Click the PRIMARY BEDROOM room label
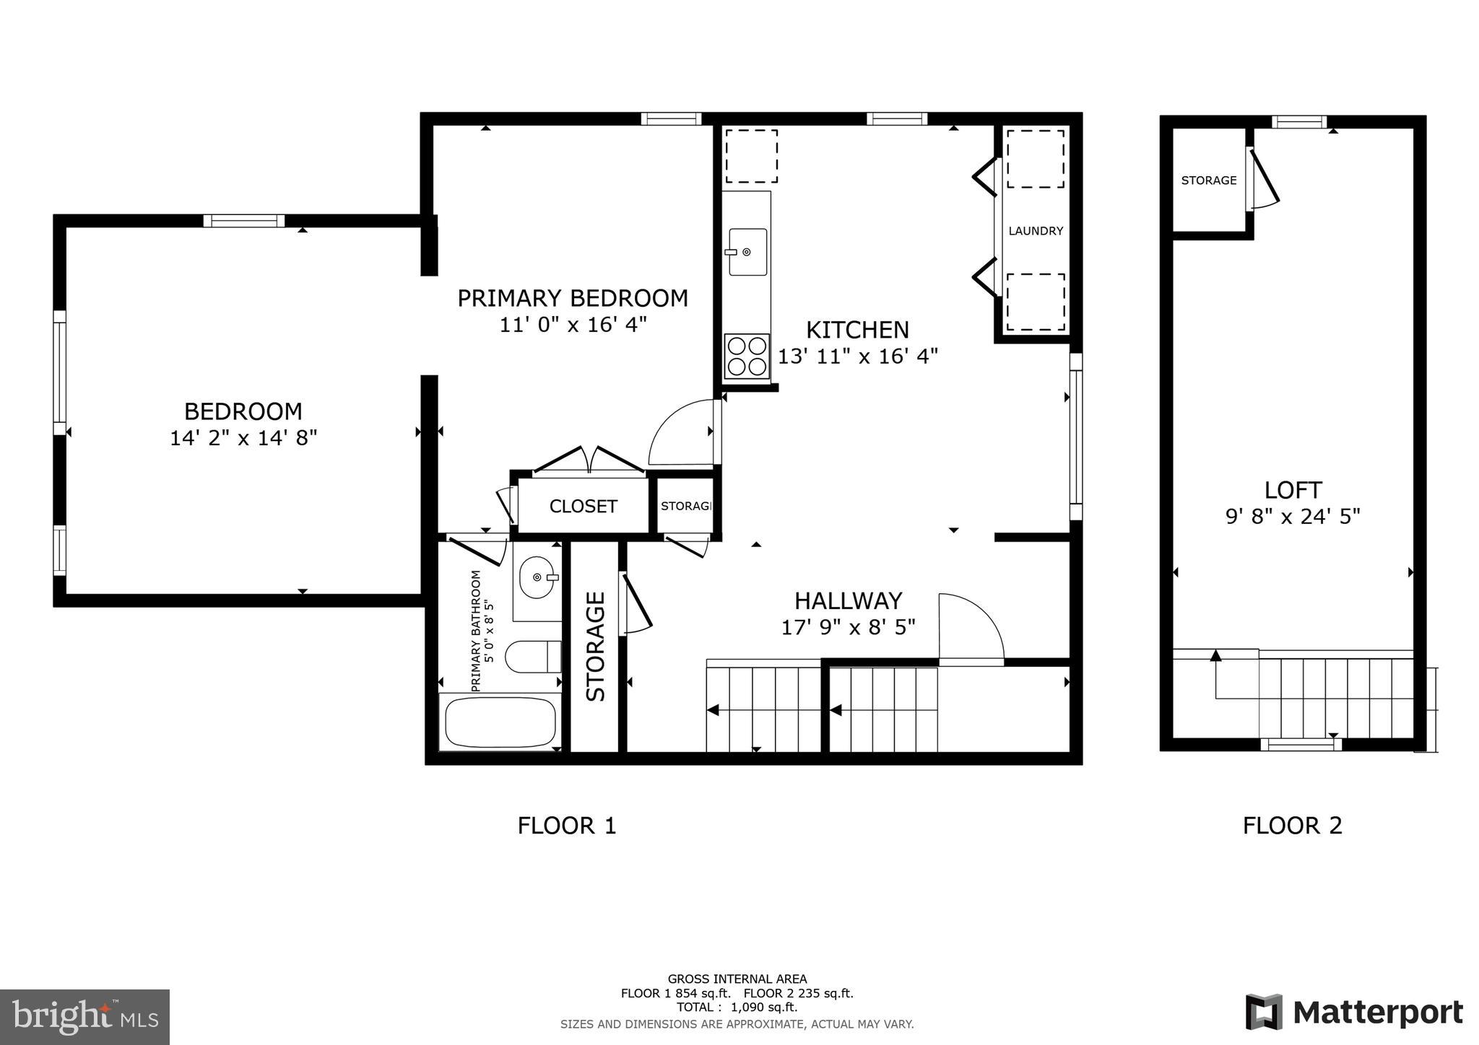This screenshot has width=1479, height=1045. point(572,298)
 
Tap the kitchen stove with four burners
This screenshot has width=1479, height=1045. point(747,357)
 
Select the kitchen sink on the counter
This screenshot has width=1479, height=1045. point(747,252)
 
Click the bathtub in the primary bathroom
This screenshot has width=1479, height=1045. point(500,722)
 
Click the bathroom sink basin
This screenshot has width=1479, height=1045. point(537,577)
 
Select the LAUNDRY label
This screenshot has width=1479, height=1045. point(1036,231)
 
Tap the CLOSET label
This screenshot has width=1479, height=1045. point(583,507)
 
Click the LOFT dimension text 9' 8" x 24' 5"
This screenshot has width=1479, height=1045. point(1293,517)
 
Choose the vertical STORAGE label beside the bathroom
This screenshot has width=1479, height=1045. point(595,646)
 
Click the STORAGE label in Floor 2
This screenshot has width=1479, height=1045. point(1208,180)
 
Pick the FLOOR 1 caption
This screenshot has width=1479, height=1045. point(567,825)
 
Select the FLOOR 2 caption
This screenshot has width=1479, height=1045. point(1292,825)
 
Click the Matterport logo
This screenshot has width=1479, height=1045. point(1354,1013)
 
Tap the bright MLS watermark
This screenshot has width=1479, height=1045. point(84,1017)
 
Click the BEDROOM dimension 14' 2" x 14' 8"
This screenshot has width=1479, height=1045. point(243,438)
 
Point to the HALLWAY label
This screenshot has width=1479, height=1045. point(848,600)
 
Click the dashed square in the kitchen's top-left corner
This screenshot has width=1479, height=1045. point(751,156)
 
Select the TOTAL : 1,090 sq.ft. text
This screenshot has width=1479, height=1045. point(737,1007)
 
